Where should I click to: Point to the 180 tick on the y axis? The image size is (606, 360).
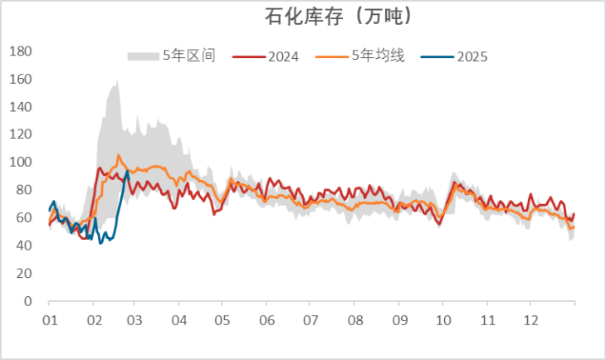(x=20, y=51)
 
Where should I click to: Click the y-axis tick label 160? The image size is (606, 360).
(x=20, y=80)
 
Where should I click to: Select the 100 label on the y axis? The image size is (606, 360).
(x=20, y=163)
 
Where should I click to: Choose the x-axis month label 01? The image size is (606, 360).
(x=49, y=320)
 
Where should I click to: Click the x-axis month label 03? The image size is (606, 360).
(x=136, y=320)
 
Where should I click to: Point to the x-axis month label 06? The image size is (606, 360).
(x=267, y=320)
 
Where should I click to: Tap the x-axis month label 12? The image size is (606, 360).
(x=530, y=320)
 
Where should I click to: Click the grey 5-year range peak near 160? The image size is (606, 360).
(x=117, y=81)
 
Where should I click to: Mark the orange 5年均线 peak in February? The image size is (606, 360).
(x=119, y=155)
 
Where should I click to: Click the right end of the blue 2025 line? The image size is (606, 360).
(x=128, y=172)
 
